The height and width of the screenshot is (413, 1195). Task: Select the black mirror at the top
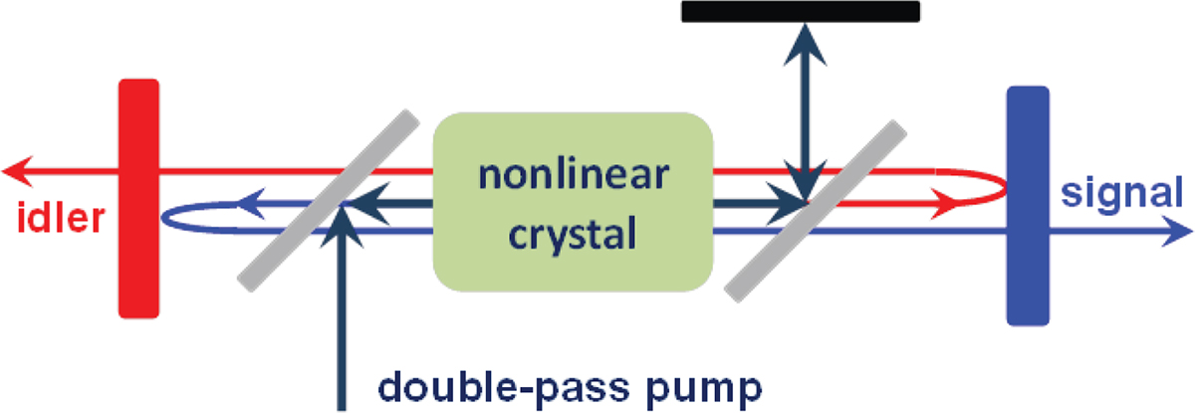point(800,11)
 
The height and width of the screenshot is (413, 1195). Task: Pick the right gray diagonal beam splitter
point(817,209)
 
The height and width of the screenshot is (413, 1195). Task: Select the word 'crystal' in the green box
point(574,236)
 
